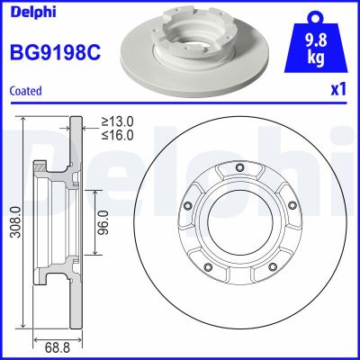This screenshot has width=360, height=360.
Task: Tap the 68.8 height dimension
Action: [x=54, y=345]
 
